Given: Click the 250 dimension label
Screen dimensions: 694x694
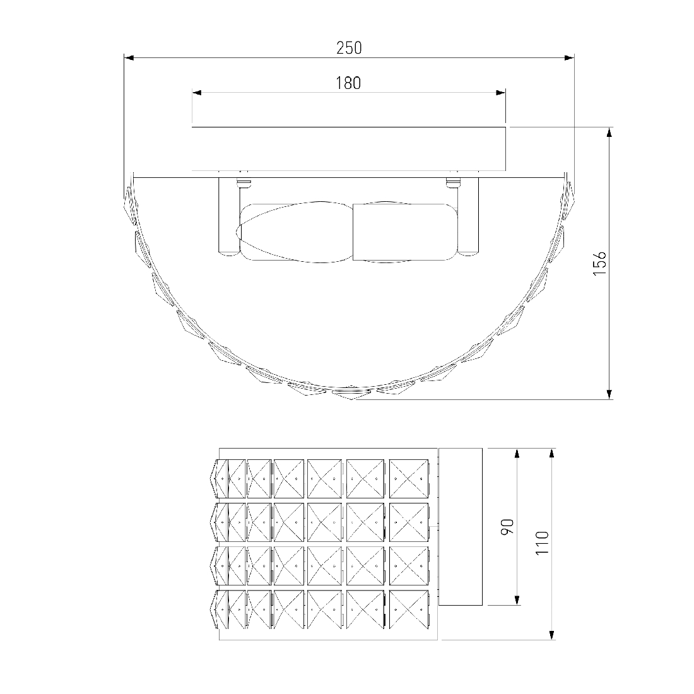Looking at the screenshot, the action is (349, 48).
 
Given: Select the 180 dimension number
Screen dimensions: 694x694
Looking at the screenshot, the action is (348, 83).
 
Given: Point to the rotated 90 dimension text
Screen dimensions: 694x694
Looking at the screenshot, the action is (507, 526).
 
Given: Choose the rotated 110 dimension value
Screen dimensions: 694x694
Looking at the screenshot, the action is (542, 543).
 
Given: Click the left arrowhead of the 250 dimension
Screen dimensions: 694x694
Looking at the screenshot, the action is (129, 57).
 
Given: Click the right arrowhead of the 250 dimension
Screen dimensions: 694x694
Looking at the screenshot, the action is (569, 57).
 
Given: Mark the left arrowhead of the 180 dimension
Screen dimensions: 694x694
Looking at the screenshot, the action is (197, 93).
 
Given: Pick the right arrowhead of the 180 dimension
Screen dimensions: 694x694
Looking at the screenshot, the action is (500, 93).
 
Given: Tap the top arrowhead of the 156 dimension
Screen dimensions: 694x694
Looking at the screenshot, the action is (609, 132).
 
